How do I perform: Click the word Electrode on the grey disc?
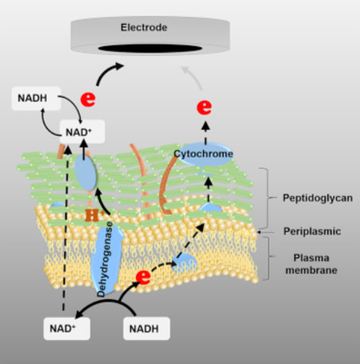144,28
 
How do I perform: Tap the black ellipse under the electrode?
150,49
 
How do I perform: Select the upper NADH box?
36,99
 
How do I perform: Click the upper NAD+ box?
82,131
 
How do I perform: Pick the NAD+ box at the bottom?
67,328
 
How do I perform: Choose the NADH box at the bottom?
146,328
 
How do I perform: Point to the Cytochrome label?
203,154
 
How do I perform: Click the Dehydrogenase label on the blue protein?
106,259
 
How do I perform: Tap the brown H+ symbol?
94,215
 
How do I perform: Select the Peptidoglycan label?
317,198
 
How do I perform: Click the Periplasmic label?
312,231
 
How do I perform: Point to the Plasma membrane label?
311,264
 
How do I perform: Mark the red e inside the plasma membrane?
144,276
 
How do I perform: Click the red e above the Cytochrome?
204,107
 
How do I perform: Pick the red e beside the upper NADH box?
88,99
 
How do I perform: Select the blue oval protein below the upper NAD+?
85,174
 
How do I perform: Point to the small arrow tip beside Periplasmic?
259,233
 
